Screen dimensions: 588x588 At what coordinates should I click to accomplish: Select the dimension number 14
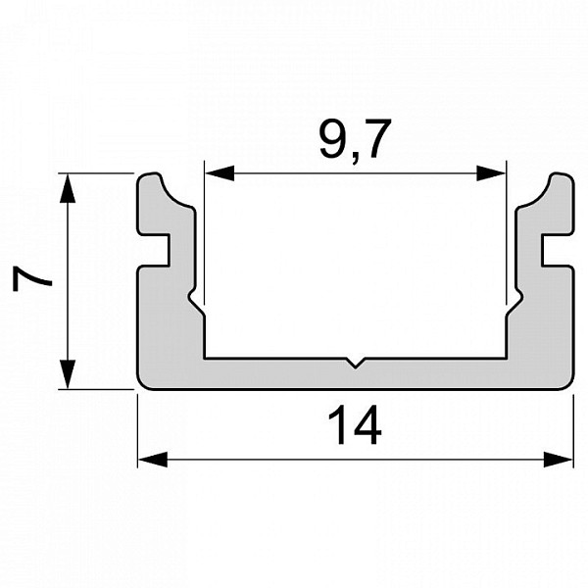(355, 425)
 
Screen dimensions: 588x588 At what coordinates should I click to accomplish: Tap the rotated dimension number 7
(31, 278)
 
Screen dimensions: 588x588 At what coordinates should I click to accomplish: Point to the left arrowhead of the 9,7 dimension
(220, 173)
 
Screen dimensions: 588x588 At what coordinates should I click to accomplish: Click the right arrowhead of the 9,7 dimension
(491, 173)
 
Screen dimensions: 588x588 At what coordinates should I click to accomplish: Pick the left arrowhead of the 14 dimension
(153, 460)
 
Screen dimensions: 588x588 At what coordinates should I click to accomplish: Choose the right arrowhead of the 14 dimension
(558, 460)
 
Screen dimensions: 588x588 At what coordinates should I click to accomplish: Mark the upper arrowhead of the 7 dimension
(68, 188)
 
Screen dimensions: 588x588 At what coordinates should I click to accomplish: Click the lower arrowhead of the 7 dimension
(68, 374)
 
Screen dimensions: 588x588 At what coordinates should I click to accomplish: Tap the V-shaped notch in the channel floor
(355, 363)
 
